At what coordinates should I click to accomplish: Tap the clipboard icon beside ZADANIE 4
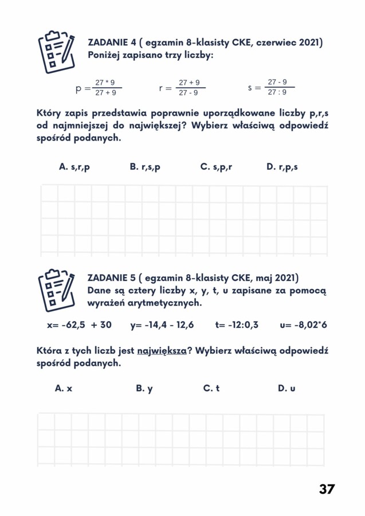coord(56,52)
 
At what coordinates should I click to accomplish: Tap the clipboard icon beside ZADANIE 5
coord(56,287)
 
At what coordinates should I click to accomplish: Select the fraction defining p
coord(105,88)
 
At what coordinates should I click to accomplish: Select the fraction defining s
coord(277,87)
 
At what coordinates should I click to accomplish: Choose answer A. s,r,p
coord(74,167)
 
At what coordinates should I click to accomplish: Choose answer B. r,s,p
coord(145,167)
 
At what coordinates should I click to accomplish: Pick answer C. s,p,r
coord(216,167)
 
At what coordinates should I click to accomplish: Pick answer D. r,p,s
coord(282,167)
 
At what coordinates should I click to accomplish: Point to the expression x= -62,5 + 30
coord(79,325)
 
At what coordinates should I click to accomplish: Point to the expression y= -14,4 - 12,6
coord(162,325)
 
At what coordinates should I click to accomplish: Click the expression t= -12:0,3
coord(237,325)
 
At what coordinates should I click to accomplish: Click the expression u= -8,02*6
coord(303,325)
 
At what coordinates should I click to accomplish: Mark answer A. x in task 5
coord(64,388)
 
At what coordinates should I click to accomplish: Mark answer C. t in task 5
coord(211,388)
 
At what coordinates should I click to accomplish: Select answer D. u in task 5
coord(286,388)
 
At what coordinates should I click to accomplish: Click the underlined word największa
coord(162,351)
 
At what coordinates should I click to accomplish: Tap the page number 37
coord(327,489)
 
